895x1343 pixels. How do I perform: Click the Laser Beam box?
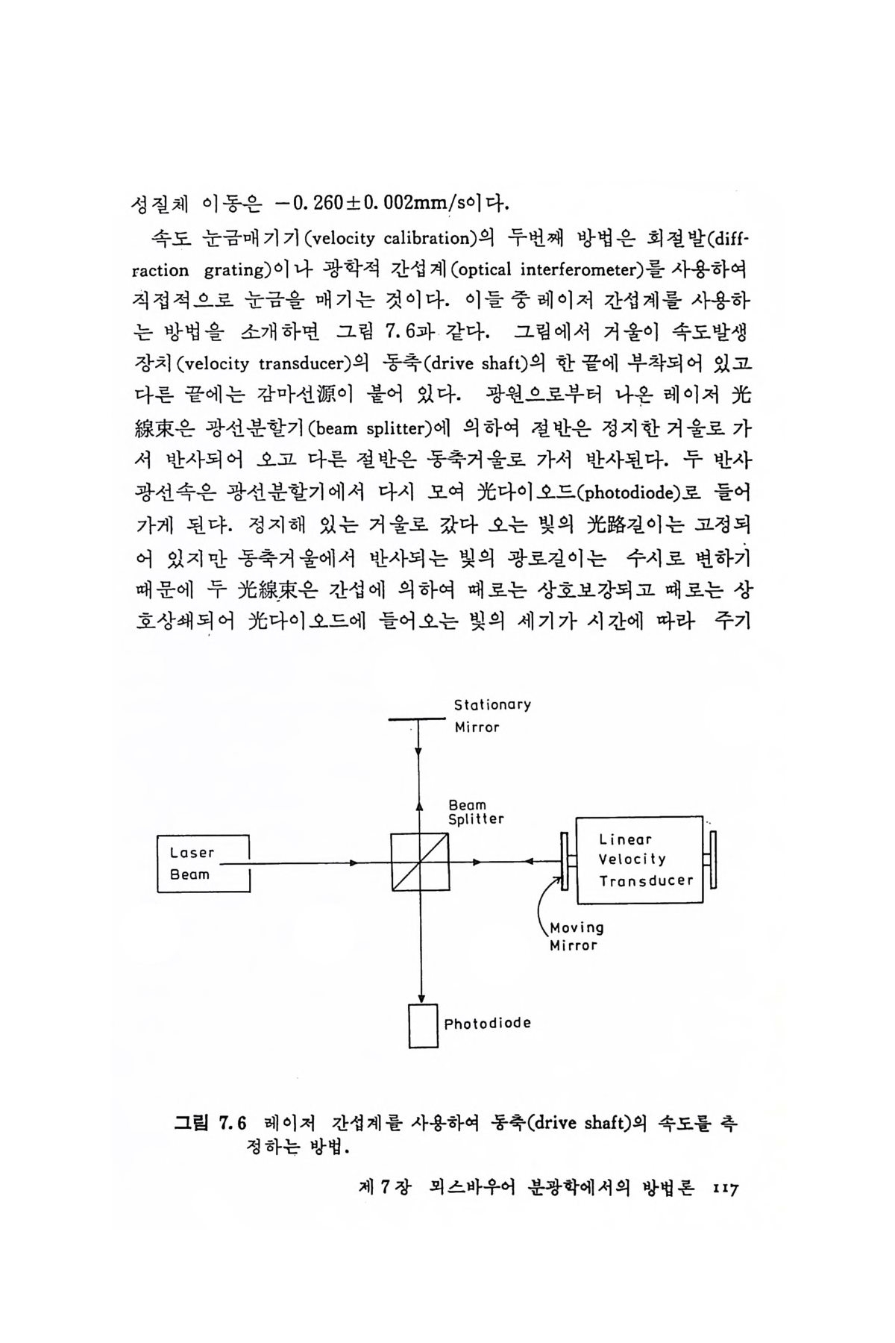pyautogui.click(x=203, y=863)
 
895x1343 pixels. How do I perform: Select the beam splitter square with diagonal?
pyautogui.click(x=420, y=863)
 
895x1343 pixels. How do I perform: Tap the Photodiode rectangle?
pyautogui.click(x=423, y=1025)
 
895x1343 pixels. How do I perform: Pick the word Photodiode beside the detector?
pyautogui.click(x=488, y=1023)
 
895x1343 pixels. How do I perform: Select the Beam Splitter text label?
pyautogui.click(x=475, y=812)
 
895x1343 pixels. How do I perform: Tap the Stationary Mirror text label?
pyautogui.click(x=492, y=716)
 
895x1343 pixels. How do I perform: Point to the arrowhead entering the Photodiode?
pyautogui.click(x=422, y=998)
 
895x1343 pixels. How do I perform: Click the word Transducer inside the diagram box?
pyautogui.click(x=646, y=880)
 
